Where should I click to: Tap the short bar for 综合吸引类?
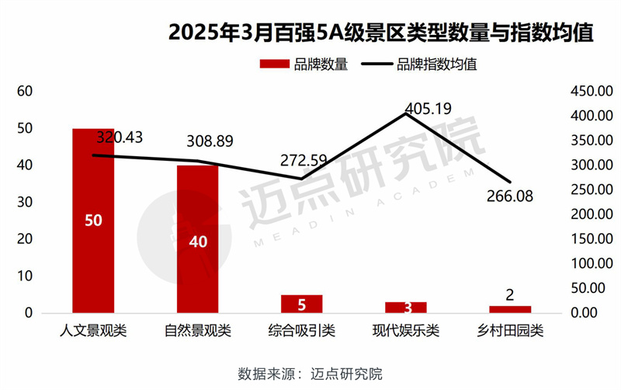(301, 304)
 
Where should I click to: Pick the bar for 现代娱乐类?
(405, 307)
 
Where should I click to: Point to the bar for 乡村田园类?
(510, 309)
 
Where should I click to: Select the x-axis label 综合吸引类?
(301, 331)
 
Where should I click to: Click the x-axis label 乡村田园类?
(510, 331)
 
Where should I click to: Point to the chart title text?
(380, 33)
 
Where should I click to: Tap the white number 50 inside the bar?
(93, 221)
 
